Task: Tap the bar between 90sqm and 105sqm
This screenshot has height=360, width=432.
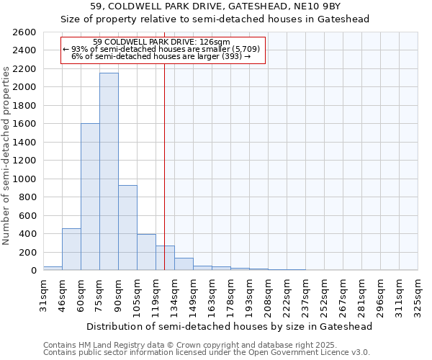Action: pyautogui.click(x=127, y=228)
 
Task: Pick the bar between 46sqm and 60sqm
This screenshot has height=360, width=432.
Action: pyautogui.click(x=71, y=249)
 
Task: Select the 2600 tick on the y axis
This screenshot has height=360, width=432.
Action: pyautogui.click(x=23, y=32)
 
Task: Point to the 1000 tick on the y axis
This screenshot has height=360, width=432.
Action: pyautogui.click(x=23, y=179)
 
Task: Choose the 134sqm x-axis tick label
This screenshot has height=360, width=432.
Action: pyautogui.click(x=175, y=293)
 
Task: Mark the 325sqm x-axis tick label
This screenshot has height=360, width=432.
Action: pyautogui.click(x=418, y=293)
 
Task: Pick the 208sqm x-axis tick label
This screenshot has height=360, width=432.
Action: pyautogui.click(x=269, y=293)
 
